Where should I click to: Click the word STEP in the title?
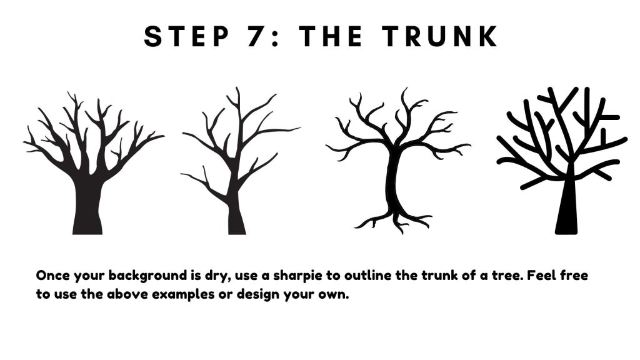click(x=187, y=36)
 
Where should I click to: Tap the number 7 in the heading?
click(x=256, y=36)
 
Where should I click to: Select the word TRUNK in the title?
click(x=439, y=36)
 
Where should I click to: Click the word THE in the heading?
click(x=331, y=36)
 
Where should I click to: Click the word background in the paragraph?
click(x=147, y=276)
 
